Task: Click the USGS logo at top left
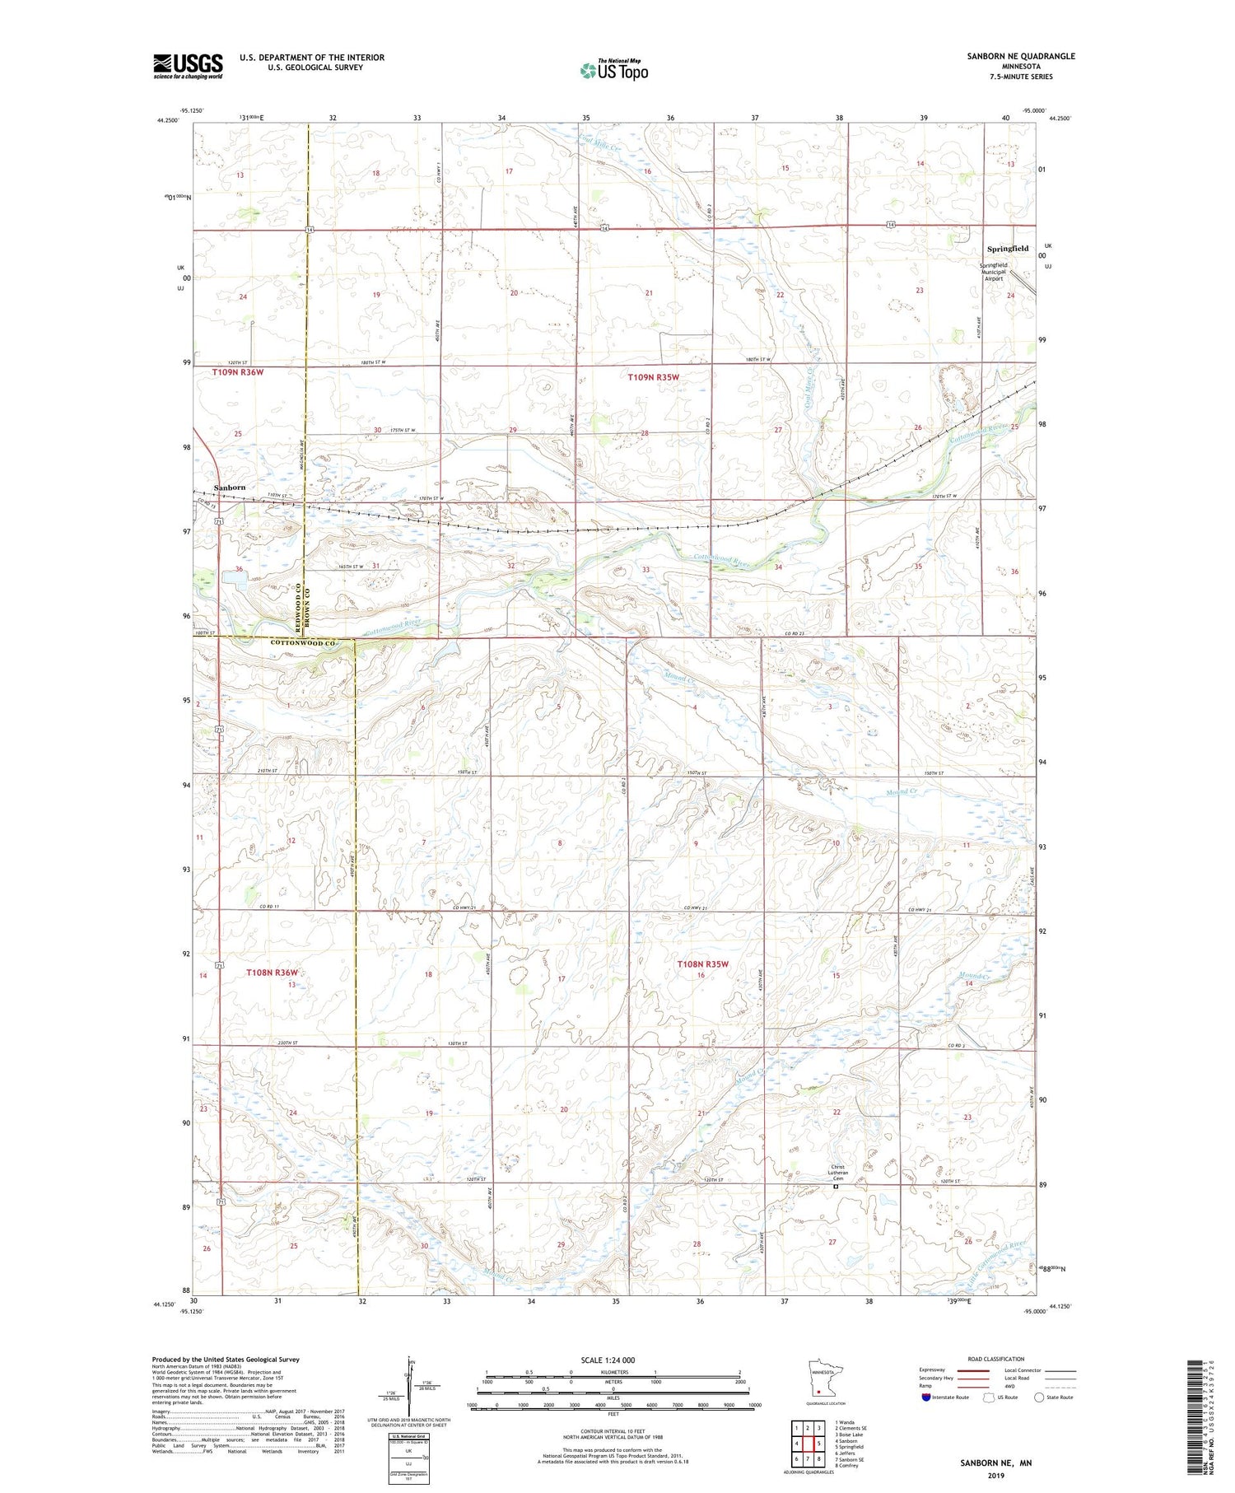188,66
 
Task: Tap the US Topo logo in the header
613,71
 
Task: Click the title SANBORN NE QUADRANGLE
1021,56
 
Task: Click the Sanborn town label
230,488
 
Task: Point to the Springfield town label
1008,249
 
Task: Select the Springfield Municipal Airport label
994,272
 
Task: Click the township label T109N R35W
654,377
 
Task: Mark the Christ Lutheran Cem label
837,1173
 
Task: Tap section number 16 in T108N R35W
701,975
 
